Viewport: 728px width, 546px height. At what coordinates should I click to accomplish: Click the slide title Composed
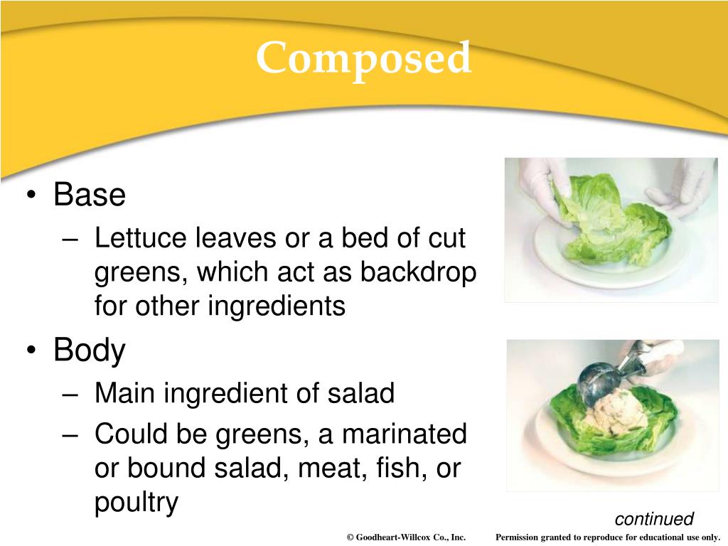coord(363,58)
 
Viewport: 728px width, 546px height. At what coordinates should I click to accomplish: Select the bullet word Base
coord(90,195)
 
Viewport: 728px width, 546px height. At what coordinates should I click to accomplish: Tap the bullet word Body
coord(90,350)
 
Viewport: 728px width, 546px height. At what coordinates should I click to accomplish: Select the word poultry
coord(136,503)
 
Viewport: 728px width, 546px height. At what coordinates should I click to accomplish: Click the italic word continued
coord(653,519)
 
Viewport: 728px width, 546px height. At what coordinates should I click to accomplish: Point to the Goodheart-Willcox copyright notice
coord(406,537)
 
